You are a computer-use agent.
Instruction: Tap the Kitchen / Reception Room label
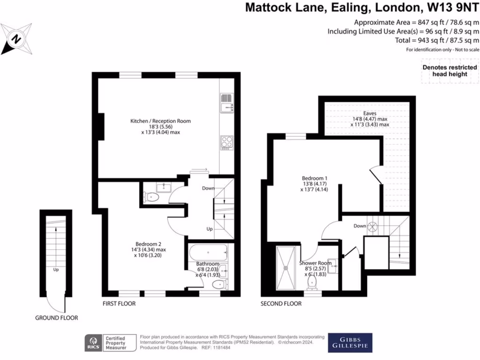(160, 121)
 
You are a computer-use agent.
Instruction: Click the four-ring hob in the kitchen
(226, 142)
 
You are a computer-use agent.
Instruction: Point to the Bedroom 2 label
(148, 244)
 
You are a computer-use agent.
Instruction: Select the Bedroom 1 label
(314, 179)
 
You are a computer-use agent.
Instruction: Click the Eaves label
(369, 113)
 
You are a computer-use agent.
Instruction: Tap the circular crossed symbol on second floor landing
(374, 226)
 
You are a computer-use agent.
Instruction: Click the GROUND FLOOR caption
(56, 318)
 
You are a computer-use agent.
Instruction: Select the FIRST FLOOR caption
(119, 304)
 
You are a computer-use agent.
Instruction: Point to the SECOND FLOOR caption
(281, 304)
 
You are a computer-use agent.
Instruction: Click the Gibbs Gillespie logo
(350, 343)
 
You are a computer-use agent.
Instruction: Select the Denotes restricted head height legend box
(450, 71)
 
